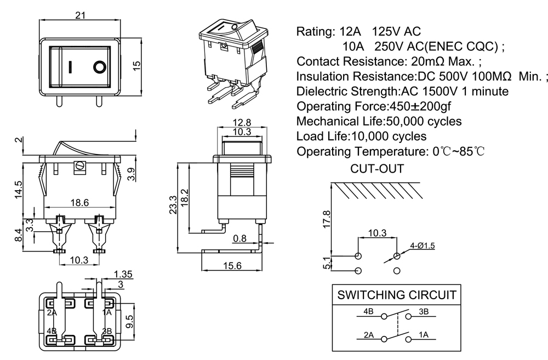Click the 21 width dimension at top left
click(x=80, y=15)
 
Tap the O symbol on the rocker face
click(x=99, y=67)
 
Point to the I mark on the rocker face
click(x=71, y=67)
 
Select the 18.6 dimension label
click(x=79, y=203)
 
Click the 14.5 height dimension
click(x=19, y=189)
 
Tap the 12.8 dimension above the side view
click(x=242, y=122)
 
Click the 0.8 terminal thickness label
click(x=239, y=238)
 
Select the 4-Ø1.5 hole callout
click(x=422, y=246)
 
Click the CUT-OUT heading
click(x=377, y=169)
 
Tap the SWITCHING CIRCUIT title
click(x=396, y=295)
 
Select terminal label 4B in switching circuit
click(x=368, y=312)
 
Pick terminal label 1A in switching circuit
click(x=423, y=334)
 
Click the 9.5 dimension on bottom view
click(x=130, y=321)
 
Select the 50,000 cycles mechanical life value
click(x=424, y=121)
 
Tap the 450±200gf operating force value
click(x=420, y=106)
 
